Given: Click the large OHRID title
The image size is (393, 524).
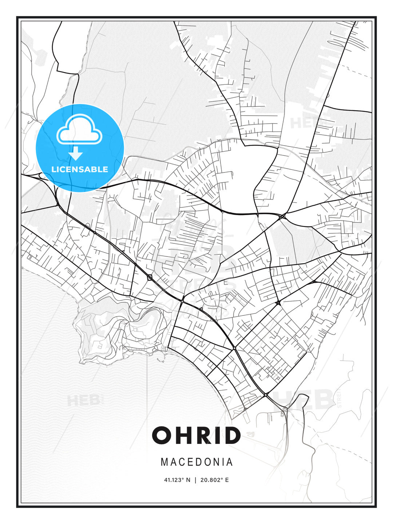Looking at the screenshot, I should click(x=196, y=435).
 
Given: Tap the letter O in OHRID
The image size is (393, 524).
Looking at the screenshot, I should click(x=162, y=435).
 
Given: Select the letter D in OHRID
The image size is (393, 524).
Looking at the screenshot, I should click(x=231, y=435).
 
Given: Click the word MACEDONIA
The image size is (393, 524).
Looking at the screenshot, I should click(x=196, y=462).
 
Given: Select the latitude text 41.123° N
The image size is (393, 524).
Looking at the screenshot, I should click(x=177, y=480).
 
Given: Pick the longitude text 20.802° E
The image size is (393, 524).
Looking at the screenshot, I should click(x=214, y=480).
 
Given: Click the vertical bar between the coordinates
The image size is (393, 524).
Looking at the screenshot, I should click(x=196, y=480).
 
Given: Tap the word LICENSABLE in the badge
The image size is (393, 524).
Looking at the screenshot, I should click(x=80, y=169).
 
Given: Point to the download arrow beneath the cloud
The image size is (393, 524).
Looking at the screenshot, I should click(x=76, y=154).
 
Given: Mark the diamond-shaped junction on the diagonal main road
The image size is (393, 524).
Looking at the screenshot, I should click(x=150, y=278).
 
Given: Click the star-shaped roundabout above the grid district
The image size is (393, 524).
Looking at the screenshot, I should click(x=278, y=302).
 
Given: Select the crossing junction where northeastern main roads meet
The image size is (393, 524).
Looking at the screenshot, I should click(x=282, y=217).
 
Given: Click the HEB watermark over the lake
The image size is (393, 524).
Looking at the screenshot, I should click(x=83, y=400).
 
